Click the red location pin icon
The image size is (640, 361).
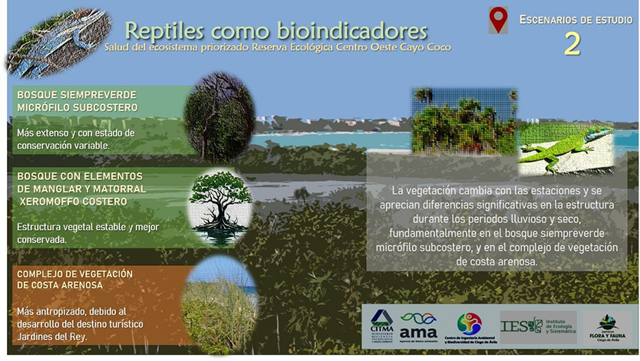(x=499, y=20)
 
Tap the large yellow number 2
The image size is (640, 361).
(x=572, y=44)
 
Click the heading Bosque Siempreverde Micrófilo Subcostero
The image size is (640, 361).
(x=77, y=100)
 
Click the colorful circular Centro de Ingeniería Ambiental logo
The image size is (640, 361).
(x=469, y=323)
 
